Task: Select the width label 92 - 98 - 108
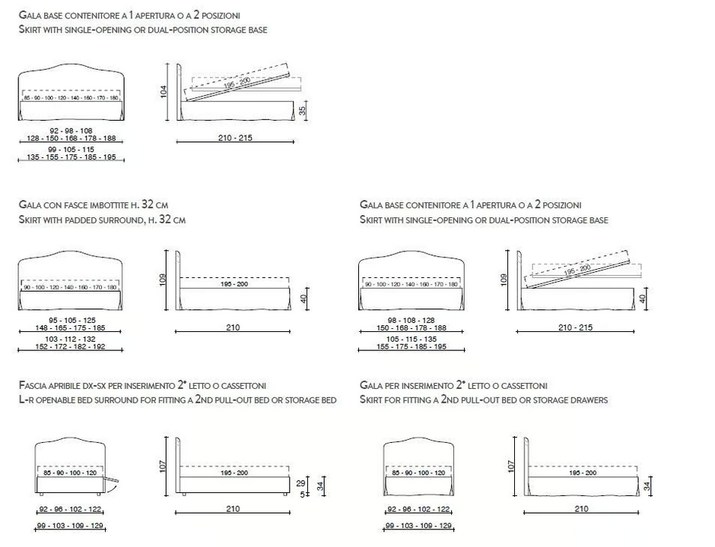coord(71,131)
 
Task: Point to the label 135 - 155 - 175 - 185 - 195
coord(71,157)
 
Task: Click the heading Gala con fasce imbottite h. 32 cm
coord(94,205)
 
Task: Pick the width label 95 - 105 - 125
coord(71,320)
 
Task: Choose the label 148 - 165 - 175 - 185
coord(71,328)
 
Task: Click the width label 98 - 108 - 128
coord(411,320)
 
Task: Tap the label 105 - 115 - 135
coord(411,338)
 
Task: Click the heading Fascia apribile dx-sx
coord(142,386)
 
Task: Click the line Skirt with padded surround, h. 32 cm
coord(102,220)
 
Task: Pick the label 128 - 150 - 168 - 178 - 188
coord(71,138)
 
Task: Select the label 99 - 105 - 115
coord(71,150)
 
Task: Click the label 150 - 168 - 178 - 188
coord(411,328)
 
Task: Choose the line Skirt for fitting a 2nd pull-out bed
coord(483,400)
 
